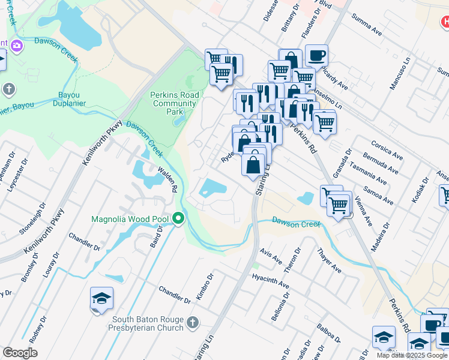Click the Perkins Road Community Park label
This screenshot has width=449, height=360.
pos(173,103)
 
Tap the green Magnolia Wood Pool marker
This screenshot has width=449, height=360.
pos(178,218)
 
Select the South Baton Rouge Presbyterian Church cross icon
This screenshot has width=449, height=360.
pos(192,323)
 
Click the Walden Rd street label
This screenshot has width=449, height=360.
pos(166,180)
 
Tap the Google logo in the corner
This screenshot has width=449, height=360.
pos(20,353)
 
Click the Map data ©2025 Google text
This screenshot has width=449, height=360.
pos(412,355)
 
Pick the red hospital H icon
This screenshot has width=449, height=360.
pos(444,23)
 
